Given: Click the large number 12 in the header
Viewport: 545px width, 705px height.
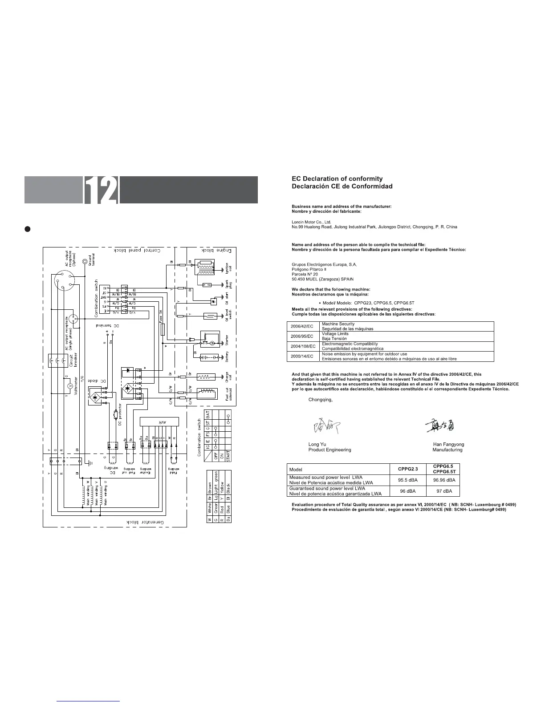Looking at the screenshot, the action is coord(101,190).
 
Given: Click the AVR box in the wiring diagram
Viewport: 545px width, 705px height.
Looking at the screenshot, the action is coord(159,421).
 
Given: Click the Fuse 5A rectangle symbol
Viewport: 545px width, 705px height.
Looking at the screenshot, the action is coord(163,329).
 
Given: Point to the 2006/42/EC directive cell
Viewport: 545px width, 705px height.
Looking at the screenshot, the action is coord(302,326).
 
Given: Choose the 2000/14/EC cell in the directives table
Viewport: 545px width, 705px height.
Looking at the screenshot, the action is coord(302,356).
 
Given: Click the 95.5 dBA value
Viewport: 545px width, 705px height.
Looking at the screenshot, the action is coord(407,480).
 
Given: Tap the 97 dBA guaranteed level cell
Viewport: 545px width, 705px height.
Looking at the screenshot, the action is coord(444,491).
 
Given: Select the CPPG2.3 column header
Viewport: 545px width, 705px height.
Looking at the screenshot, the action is coord(407,469).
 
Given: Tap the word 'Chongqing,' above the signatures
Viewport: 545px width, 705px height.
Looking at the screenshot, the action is coord(320,400).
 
